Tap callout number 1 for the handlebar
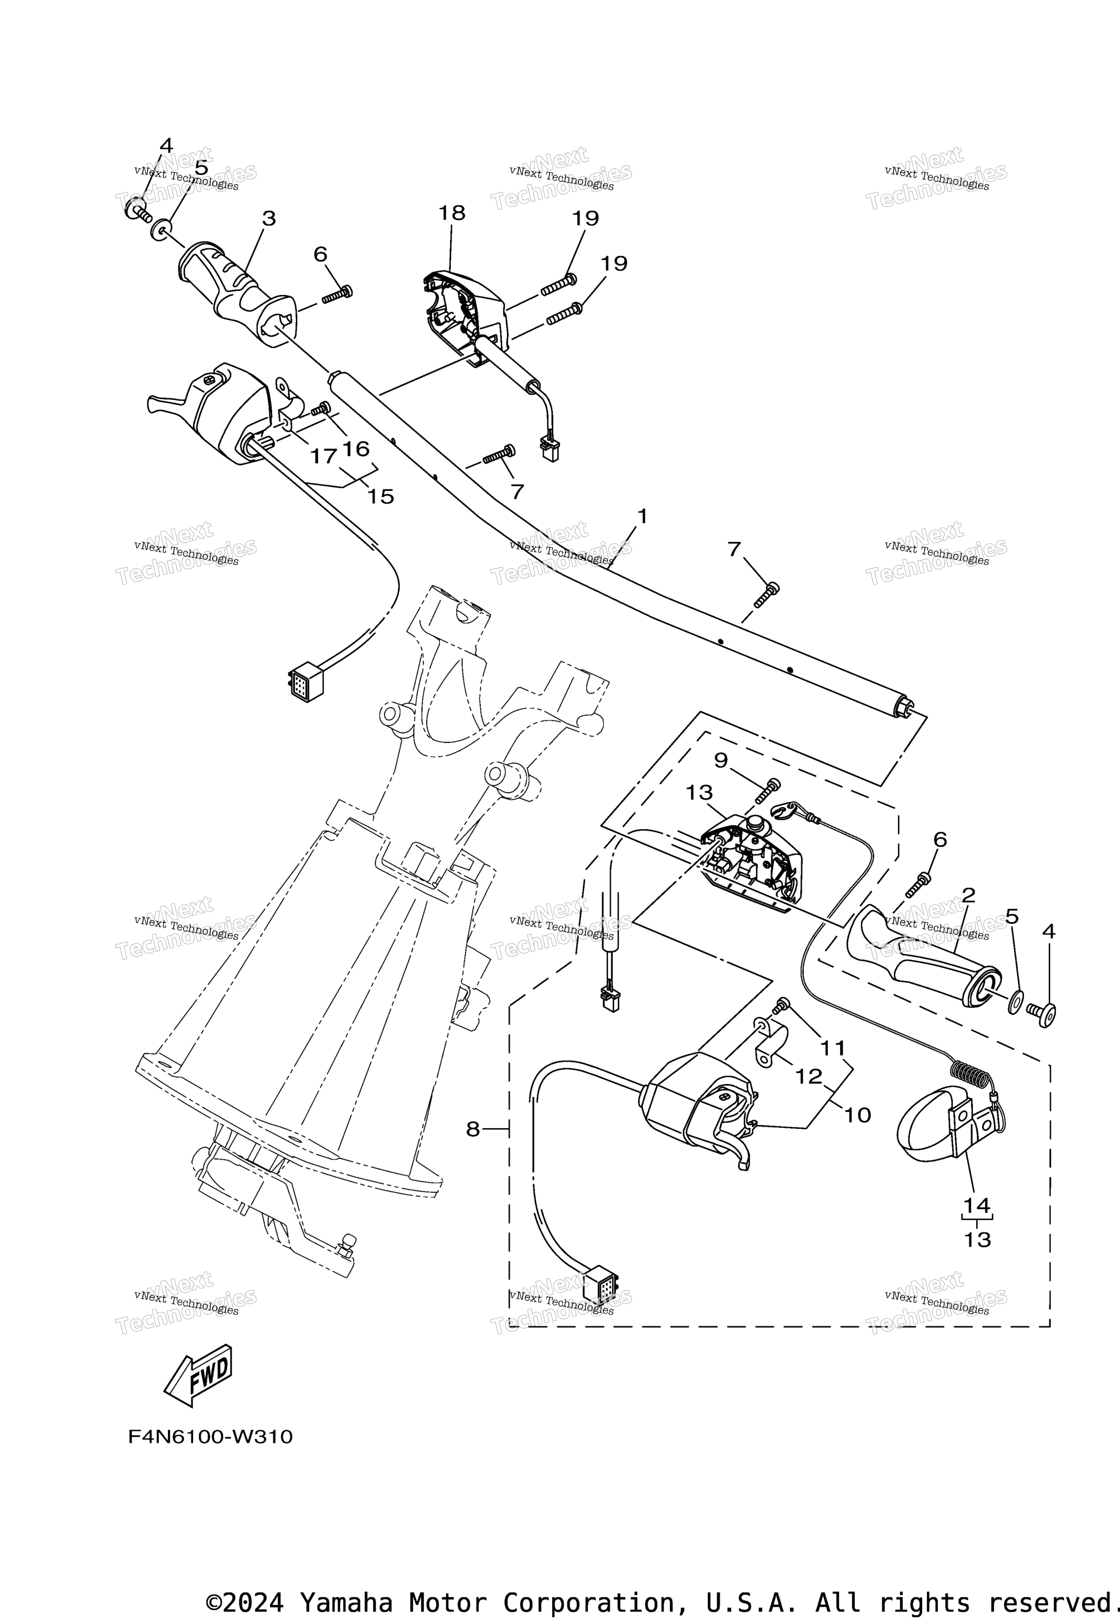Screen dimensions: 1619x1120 point(641,516)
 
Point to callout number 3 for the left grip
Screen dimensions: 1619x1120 point(269,219)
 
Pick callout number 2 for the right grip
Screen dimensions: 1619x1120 point(968,895)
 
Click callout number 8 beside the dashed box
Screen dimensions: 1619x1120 point(473,1129)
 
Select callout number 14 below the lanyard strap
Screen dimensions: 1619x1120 point(976,1206)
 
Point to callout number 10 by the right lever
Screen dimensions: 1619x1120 point(857,1115)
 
